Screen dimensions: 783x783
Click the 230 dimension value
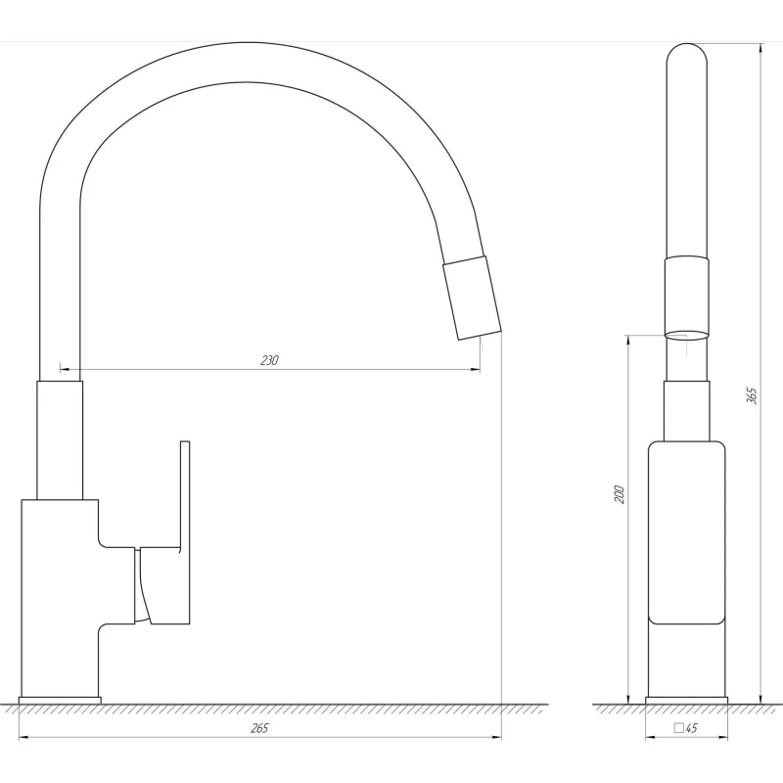(269, 360)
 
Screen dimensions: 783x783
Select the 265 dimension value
(259, 728)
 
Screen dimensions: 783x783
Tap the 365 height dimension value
(752, 395)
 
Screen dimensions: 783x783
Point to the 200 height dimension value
(620, 494)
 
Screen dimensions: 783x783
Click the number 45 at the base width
(691, 728)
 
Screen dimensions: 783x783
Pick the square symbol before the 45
(678, 727)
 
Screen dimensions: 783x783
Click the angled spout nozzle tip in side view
(472, 299)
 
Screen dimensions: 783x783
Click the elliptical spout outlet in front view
(687, 335)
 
